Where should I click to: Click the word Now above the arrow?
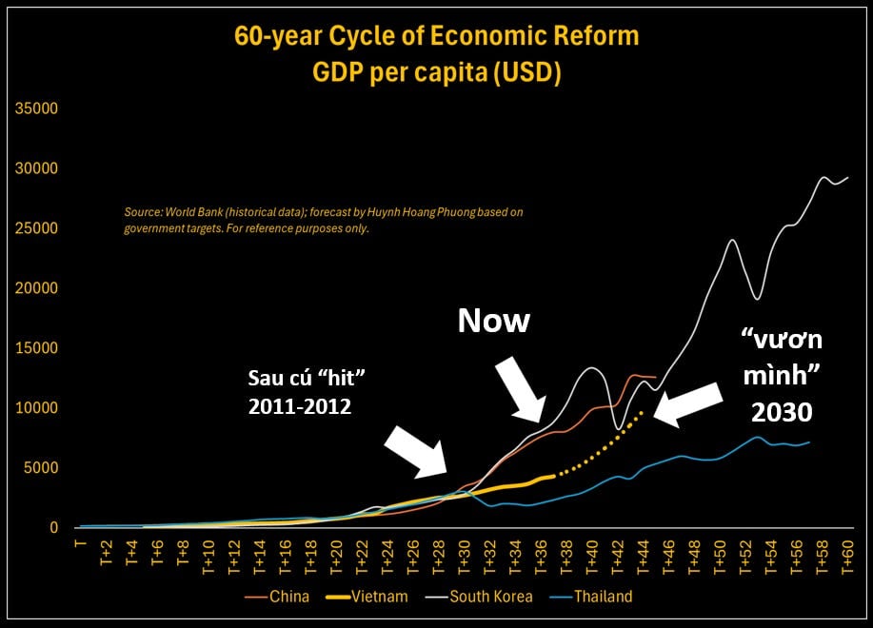pyautogui.click(x=493, y=321)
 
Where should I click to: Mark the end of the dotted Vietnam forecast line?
pyautogui.click(x=643, y=412)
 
